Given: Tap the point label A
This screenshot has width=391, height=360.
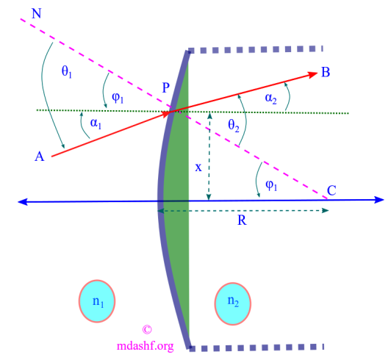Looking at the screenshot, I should pos(40,155).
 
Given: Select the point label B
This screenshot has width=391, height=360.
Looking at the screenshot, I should pos(326,73).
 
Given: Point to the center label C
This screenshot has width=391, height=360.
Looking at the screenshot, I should pos(332,190).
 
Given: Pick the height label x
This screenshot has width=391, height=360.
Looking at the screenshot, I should pos(198,167).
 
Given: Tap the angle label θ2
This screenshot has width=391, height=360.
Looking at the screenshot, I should pos(234,126).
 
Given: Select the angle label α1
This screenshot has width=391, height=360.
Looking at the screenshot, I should pos(96,123).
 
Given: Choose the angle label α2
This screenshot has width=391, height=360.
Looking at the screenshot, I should pos(270,98).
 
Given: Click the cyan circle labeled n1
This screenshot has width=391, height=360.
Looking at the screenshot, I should pos(97,300).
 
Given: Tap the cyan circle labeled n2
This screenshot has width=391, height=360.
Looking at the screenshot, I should pos(232,300).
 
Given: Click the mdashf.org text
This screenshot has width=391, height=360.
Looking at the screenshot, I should pos(145,345).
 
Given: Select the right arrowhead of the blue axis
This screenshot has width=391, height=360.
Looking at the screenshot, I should pos(379,199).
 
